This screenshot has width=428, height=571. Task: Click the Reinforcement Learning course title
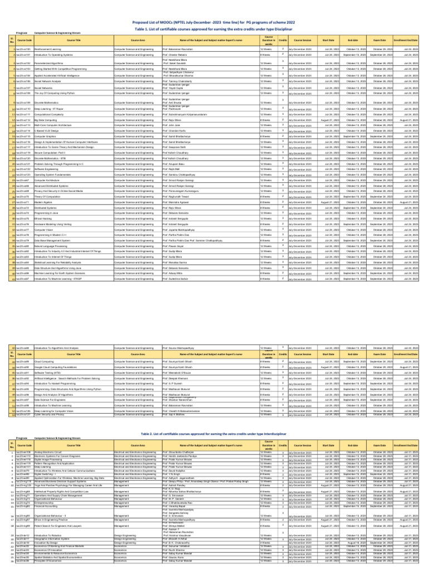point(47,50)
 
